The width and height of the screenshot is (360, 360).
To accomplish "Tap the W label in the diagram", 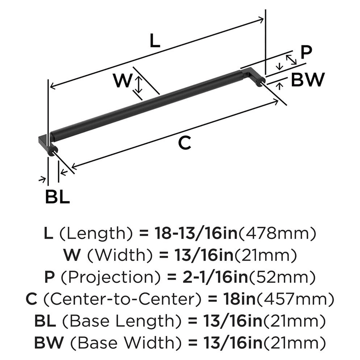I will click(x=122, y=81).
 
